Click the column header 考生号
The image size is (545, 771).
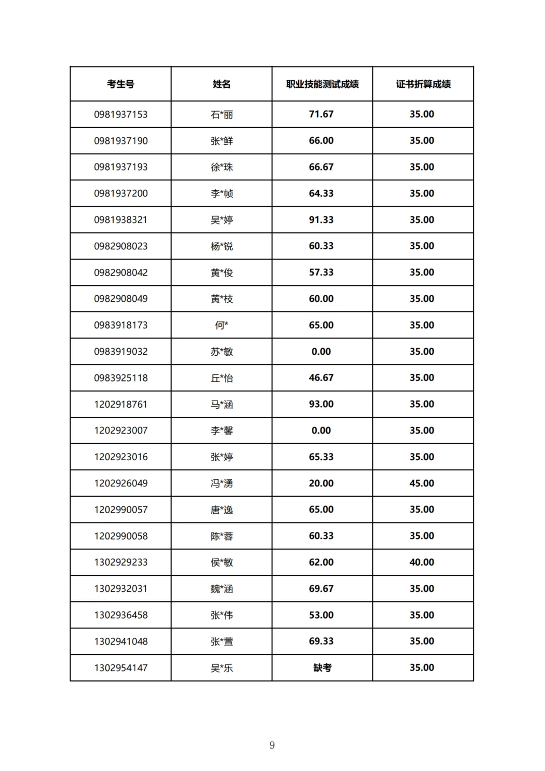pos(121,84)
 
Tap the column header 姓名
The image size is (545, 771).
pos(222,84)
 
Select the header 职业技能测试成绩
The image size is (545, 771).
pos(322,84)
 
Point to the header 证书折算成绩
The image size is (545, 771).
pos(423,84)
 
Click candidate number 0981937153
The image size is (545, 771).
pos(121,115)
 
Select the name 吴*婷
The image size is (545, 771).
pos(222,220)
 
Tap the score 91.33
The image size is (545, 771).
pos(321,220)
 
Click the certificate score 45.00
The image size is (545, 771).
pos(422,483)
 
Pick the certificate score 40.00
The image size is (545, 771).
pos(422,562)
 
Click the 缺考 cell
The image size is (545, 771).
pos(322,668)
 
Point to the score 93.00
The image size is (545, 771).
pos(321,404)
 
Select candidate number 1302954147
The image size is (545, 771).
pos(121,668)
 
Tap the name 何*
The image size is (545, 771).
pos(222,325)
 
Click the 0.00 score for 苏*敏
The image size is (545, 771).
pos(321,352)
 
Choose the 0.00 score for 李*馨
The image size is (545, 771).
pos(321,430)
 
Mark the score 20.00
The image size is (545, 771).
pos(321,483)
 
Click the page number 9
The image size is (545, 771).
pos(272,745)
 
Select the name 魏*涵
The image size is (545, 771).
pos(222,589)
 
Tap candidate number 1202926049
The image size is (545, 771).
pos(121,483)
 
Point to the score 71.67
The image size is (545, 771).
pos(321,115)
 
